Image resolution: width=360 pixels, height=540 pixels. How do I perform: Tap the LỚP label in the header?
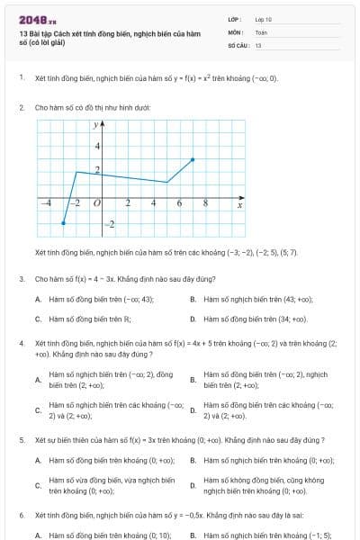pos(234,19)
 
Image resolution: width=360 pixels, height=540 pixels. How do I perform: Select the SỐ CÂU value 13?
pos(258,44)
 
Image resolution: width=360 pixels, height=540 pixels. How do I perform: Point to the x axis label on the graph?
pos(239,205)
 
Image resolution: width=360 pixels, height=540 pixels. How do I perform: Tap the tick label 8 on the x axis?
pos(205,203)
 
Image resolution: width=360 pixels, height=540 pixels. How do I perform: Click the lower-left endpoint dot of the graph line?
pos(63,223)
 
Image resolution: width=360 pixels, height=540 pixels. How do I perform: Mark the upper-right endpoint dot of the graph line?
pos(193,159)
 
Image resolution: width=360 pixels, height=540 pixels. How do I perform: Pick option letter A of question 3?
pos(38,299)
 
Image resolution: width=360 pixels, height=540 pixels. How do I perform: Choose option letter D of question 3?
pos(193,319)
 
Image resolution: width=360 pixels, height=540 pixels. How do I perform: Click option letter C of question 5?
pos(38,486)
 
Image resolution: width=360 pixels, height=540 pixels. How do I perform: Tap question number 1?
pos(21,78)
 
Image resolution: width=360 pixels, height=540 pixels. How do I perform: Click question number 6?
pos(21,516)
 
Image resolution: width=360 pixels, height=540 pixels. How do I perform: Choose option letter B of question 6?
pos(193,535)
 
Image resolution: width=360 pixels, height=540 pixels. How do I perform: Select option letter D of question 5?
pos(193,486)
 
